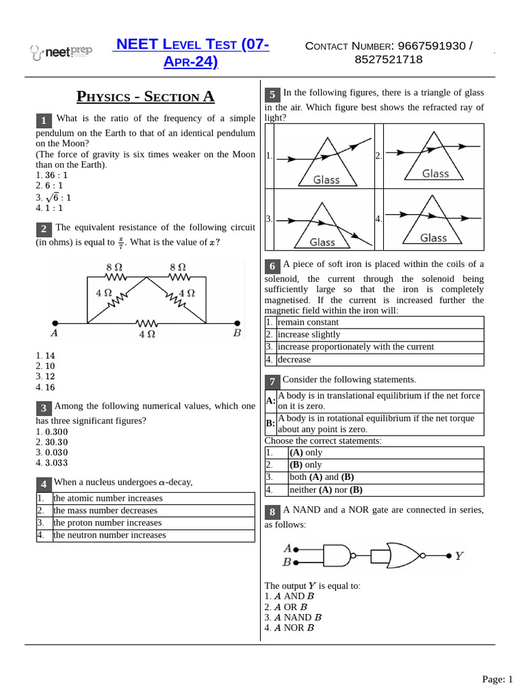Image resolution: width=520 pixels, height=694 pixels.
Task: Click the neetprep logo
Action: point(61,52)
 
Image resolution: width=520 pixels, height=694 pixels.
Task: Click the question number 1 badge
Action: point(43,121)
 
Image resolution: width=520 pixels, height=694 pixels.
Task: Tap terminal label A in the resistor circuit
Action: point(54,333)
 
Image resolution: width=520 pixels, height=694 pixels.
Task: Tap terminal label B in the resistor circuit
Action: point(237,333)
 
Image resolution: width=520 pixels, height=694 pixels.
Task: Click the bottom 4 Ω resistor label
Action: point(146,334)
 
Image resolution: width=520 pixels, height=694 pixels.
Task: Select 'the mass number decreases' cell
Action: point(105,510)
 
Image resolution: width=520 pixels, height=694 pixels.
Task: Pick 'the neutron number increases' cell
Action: point(109,535)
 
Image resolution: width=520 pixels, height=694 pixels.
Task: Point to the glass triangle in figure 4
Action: point(433,221)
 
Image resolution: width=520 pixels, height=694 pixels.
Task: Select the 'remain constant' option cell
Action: point(308,322)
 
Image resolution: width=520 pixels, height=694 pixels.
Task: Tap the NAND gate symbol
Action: point(337,556)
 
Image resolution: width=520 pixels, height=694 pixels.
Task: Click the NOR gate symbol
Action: point(403,555)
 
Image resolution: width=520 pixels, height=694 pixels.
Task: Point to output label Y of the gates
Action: point(459,556)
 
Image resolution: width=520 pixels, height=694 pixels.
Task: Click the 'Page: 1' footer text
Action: point(496,678)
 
